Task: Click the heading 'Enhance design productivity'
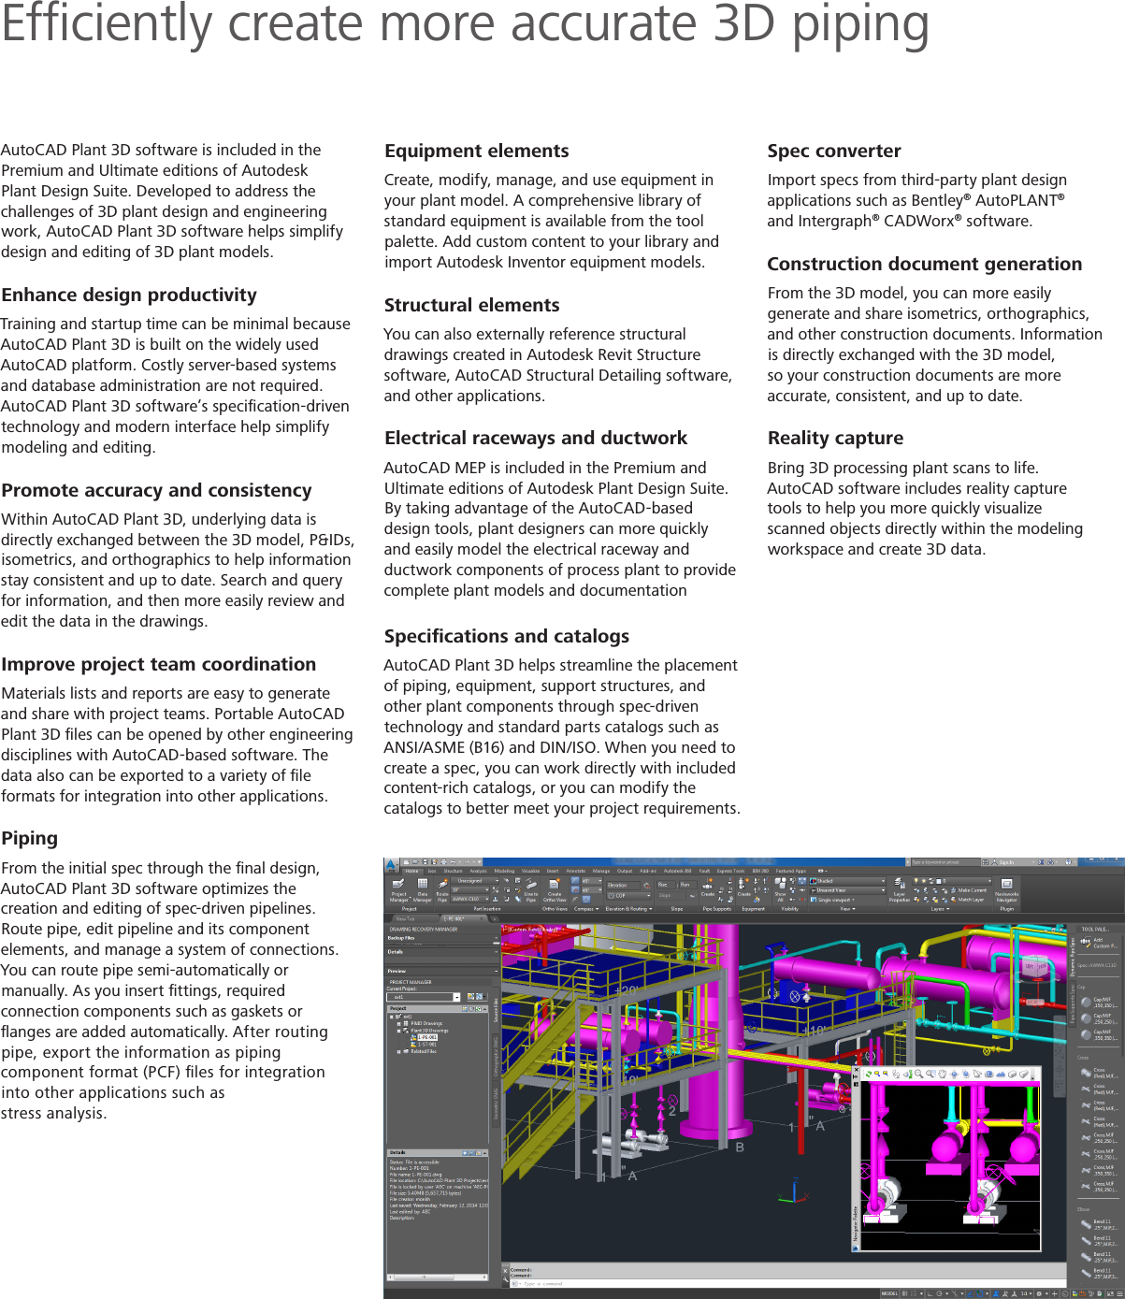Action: coord(129,296)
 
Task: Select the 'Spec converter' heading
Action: coord(833,152)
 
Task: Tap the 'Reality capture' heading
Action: coord(835,439)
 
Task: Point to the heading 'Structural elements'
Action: coord(471,306)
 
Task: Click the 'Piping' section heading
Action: coord(30,839)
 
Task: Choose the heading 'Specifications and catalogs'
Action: coord(506,637)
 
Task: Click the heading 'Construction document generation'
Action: coord(924,265)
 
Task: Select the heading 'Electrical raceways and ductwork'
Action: coord(535,439)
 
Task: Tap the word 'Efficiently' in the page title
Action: coord(106,25)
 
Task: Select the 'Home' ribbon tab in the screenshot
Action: coord(411,871)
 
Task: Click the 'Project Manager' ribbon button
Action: coord(399,889)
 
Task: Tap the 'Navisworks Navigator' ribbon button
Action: coord(1006,889)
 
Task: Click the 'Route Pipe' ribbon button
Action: coord(442,889)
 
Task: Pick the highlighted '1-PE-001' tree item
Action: coord(427,1037)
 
